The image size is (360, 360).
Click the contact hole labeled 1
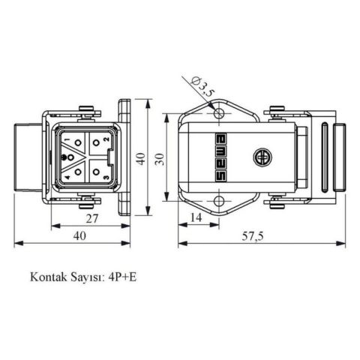77,142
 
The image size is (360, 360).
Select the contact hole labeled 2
97,142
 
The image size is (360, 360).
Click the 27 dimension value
89,218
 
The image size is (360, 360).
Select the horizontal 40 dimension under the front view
80,235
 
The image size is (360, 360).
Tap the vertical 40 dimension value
139,158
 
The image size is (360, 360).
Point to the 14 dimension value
196,217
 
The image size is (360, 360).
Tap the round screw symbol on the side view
262,157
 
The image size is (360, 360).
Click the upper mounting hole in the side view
219,113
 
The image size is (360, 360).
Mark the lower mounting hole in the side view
219,201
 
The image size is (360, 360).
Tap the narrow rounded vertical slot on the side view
323,157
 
